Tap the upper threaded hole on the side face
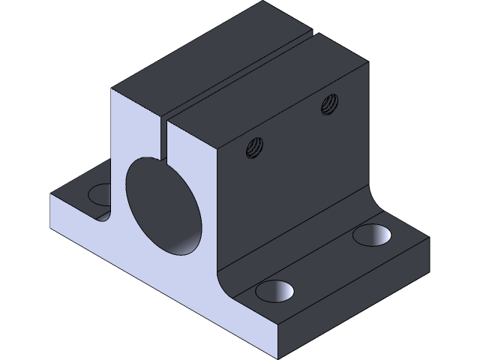pyautogui.click(x=328, y=104)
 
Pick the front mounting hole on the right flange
pyautogui.click(x=273, y=290)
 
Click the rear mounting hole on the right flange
pyautogui.click(x=371, y=235)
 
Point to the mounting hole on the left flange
pyautogui.click(x=100, y=194)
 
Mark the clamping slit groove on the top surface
pyautogui.click(x=238, y=71)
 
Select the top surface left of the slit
pyautogui.click(x=202, y=56)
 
